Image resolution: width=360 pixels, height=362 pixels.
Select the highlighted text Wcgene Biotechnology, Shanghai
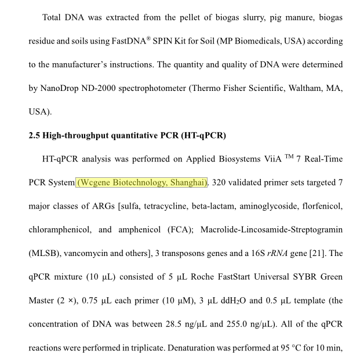tap(142, 182)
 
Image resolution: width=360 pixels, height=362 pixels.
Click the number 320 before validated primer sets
tap(220, 182)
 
